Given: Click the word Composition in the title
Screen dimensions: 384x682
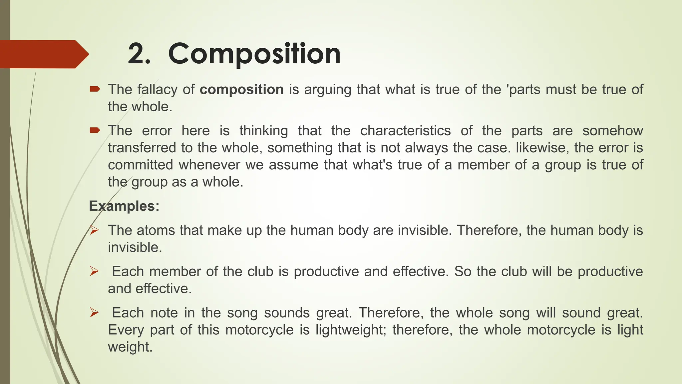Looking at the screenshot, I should coord(254,54).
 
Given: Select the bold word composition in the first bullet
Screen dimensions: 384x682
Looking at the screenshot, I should coord(241,90).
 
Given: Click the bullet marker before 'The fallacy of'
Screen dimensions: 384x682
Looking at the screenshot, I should coord(95,89).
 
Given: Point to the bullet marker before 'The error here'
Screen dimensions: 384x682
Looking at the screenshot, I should coord(95,130).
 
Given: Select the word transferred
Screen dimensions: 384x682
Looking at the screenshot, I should coord(142,148).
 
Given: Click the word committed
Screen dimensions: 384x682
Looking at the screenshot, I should coord(141,165).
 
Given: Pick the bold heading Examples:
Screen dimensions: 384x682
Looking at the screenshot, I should coord(124,206).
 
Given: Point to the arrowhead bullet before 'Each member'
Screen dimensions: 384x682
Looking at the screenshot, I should coord(94,272).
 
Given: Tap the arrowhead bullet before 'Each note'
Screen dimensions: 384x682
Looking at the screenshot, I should coord(94,313).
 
